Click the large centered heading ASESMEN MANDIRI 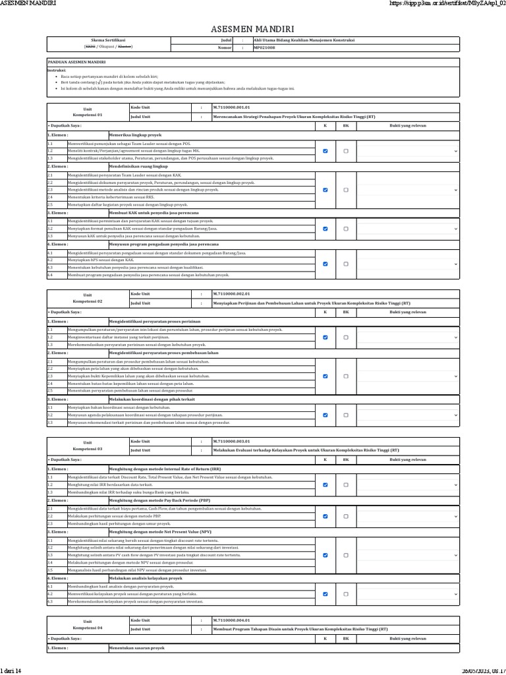click(x=252, y=29)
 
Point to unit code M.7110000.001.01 click(x=231, y=107)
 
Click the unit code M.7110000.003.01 click(x=231, y=441)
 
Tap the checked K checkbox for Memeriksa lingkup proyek click(x=325, y=151)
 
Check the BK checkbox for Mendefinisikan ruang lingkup click(x=346, y=190)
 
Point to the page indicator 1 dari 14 click(x=11, y=670)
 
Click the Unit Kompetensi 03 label click(x=88, y=445)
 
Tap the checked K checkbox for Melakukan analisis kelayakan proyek click(x=325, y=593)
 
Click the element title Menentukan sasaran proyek click(x=136, y=648)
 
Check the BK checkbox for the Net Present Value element click(x=346, y=555)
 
